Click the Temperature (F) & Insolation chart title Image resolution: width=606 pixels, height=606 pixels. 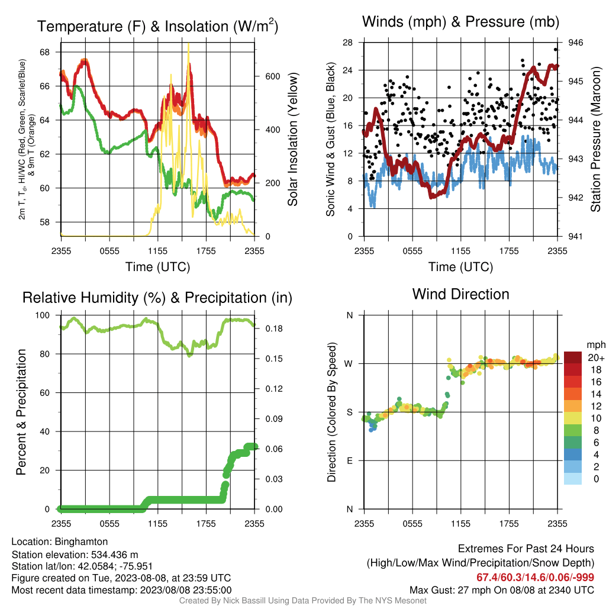(157, 26)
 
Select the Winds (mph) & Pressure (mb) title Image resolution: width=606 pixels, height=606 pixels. (460, 22)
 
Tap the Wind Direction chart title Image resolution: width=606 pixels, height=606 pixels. (460, 294)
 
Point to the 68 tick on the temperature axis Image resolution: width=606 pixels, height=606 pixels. (45, 52)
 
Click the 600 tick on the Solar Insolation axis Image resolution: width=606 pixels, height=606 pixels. (273, 76)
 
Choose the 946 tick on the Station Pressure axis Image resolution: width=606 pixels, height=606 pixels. (575, 43)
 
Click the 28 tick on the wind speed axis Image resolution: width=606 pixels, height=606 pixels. (348, 43)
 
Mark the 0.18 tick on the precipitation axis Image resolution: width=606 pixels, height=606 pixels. (274, 328)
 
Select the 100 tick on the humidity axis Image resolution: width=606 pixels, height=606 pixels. (43, 315)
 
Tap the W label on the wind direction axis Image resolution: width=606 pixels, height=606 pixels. (349, 364)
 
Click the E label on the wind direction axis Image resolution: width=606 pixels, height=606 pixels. (350, 460)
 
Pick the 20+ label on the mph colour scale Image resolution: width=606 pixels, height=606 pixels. (596, 357)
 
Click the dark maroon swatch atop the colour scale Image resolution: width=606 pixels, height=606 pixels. (573, 357)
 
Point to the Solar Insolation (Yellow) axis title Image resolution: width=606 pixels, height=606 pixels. (293, 139)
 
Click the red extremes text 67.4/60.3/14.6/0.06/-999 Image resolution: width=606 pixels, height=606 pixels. (535, 578)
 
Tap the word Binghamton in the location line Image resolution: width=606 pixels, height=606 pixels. (81, 541)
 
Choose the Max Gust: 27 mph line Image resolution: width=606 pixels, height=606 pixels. (502, 590)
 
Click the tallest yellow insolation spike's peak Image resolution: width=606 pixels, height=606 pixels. (188, 44)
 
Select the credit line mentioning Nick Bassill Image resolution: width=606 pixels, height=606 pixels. (302, 601)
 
